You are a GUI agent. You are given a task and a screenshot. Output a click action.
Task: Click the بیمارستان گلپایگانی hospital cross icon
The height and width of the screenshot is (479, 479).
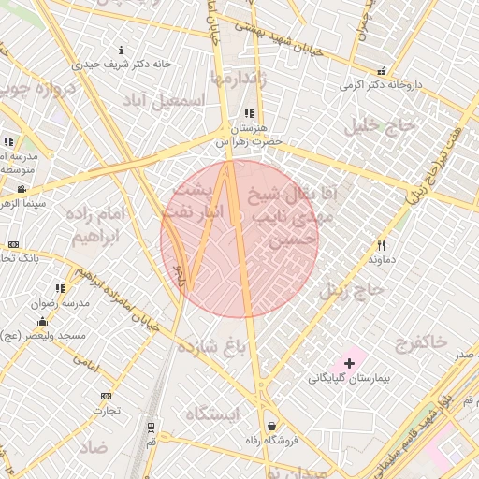tap(349, 362)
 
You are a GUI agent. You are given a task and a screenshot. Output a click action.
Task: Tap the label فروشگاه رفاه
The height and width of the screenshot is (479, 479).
tap(270, 441)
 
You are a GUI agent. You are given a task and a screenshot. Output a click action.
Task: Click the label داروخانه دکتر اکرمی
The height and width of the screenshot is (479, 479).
tap(381, 84)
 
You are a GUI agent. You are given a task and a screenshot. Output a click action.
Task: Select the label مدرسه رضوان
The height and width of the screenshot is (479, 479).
tap(61, 303)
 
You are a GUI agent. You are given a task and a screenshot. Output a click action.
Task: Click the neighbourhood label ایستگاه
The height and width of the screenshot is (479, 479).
tap(213, 413)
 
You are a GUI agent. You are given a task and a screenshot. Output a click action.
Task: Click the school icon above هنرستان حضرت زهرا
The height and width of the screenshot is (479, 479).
tap(249, 113)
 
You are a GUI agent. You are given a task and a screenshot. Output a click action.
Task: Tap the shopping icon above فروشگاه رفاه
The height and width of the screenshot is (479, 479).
tap(270, 425)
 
